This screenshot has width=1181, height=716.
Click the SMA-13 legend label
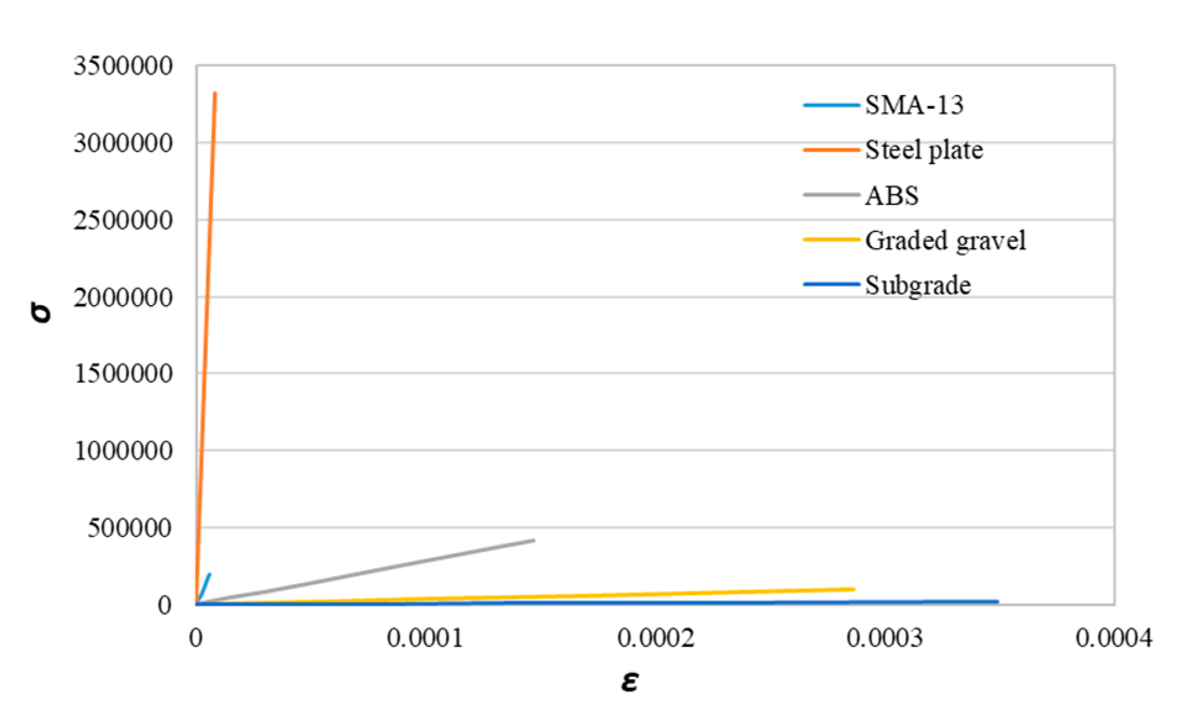(x=914, y=105)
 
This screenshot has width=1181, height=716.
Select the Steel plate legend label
(x=924, y=150)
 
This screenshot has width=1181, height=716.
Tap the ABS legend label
(x=891, y=196)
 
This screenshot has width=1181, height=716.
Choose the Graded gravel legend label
(x=945, y=240)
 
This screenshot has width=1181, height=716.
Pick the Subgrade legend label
(x=917, y=285)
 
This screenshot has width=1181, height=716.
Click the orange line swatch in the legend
(x=831, y=150)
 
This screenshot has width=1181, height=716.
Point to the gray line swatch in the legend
(x=831, y=195)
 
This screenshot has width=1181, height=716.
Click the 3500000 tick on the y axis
(x=123, y=65)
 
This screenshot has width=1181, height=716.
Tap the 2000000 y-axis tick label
(x=123, y=298)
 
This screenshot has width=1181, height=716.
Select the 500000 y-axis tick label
(x=129, y=528)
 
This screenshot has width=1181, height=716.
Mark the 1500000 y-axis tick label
(x=123, y=374)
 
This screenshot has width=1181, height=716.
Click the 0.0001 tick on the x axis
(x=425, y=638)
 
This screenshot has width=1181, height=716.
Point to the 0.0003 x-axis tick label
(x=884, y=638)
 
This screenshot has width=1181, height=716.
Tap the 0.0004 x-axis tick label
(x=1113, y=638)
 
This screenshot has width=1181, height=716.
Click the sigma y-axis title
(x=41, y=314)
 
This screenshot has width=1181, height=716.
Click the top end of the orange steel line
(x=215, y=93)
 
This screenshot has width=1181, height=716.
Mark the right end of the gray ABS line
(x=533, y=541)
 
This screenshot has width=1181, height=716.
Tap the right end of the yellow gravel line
(x=854, y=589)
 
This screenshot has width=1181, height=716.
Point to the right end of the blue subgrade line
(x=997, y=601)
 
